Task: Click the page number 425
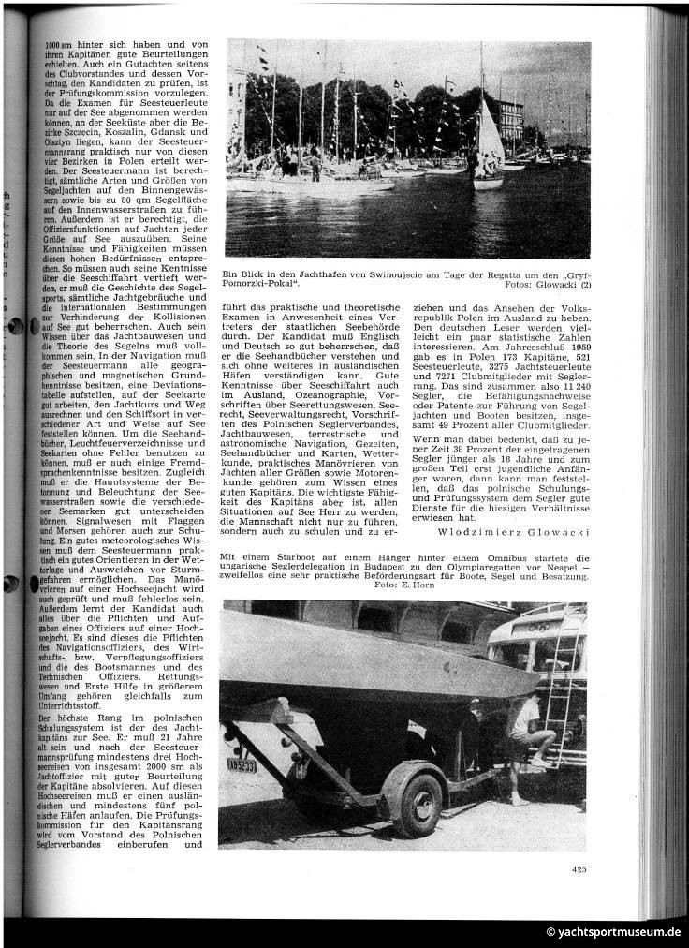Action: [x=579, y=868]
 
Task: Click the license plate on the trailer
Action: [x=241, y=763]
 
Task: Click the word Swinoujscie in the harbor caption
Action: [x=376, y=274]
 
